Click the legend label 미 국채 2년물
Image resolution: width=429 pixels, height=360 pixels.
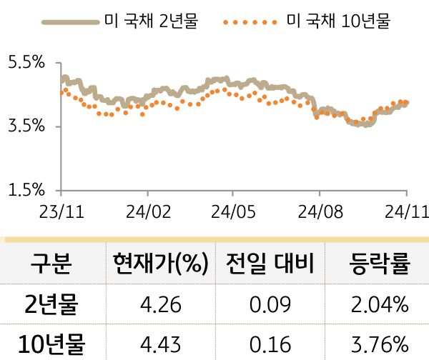pyautogui.click(x=151, y=21)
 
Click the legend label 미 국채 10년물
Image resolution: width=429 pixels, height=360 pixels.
pyautogui.click(x=338, y=21)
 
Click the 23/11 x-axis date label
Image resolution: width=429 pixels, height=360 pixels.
pyautogui.click(x=61, y=211)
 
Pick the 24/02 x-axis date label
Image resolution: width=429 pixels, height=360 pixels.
pyautogui.click(x=147, y=211)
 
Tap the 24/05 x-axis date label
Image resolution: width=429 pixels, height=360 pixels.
pyautogui.click(x=233, y=211)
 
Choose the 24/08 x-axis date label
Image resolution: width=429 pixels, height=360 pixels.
pyautogui.click(x=319, y=211)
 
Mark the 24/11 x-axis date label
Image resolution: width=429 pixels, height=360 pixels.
pyautogui.click(x=404, y=211)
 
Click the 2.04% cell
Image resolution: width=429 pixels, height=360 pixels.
pyautogui.click(x=379, y=306)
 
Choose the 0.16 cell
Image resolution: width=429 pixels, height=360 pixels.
pyautogui.click(x=270, y=345)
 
